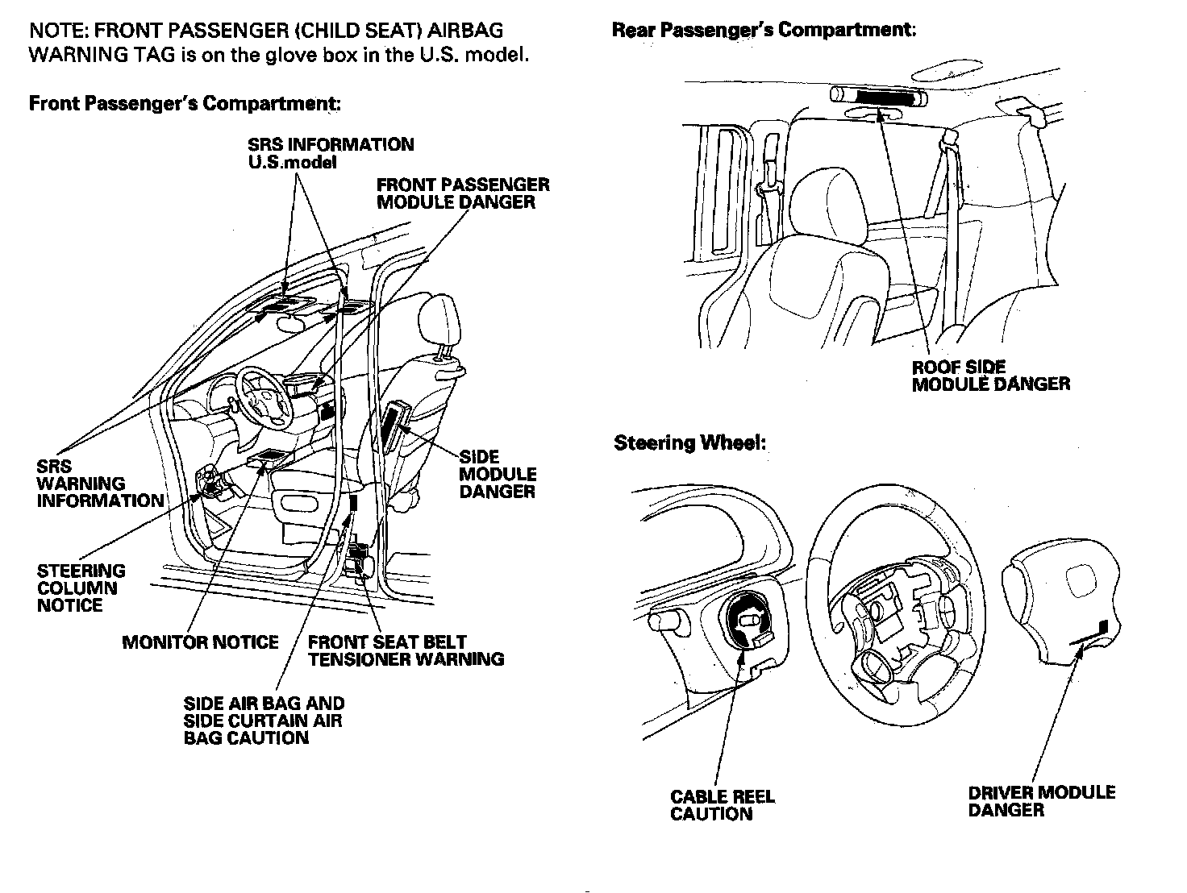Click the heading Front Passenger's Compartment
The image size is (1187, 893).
(185, 104)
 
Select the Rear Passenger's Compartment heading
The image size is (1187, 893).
(764, 31)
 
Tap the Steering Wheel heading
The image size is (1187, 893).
(689, 443)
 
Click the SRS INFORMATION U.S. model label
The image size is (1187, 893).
(331, 153)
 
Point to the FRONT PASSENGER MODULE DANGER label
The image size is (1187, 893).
(463, 193)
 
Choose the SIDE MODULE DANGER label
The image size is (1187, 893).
(497, 474)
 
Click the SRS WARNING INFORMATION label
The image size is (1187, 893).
(100, 484)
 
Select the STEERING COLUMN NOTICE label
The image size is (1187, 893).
(81, 588)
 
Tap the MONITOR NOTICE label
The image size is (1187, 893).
(200, 642)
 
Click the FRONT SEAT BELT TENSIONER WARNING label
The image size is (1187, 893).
(406, 651)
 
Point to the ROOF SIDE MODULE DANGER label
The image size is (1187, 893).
(990, 376)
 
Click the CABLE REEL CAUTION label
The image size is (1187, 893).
(722, 805)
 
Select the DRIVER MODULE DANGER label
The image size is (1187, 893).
(1041, 800)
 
